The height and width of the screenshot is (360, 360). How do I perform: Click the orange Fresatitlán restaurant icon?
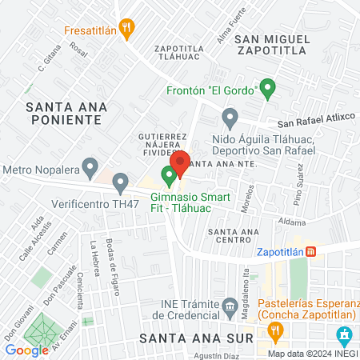(x=126, y=30)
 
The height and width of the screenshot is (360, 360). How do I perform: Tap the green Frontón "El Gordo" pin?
(x=268, y=87)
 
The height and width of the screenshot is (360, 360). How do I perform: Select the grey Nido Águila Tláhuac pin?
(x=230, y=121)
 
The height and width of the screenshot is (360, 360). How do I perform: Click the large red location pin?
(x=179, y=163)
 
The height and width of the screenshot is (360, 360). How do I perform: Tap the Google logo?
(x=26, y=350)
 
